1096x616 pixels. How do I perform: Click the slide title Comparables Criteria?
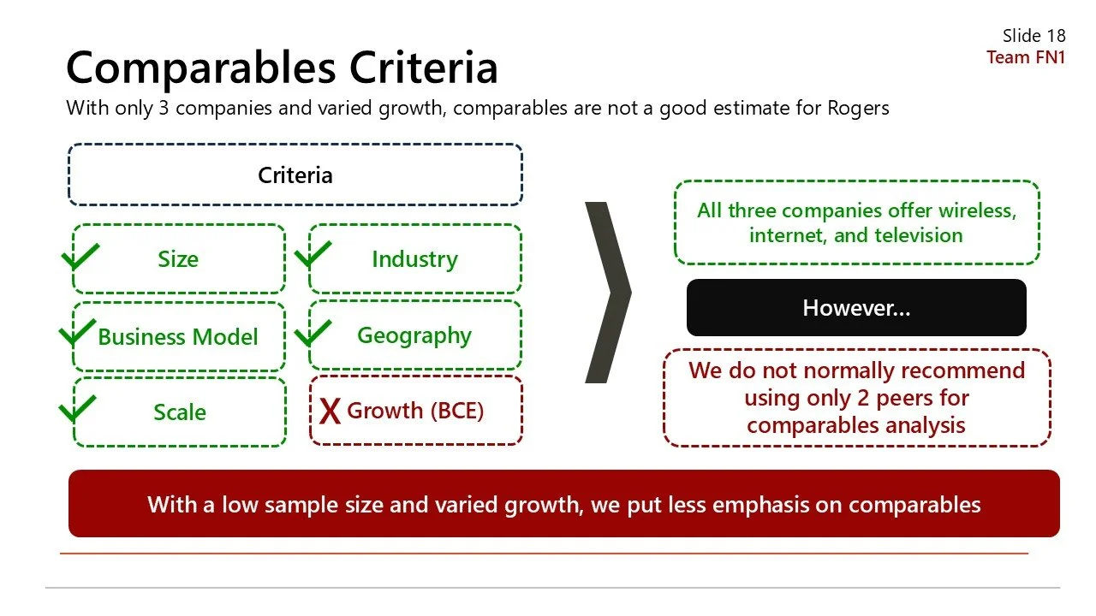(282, 68)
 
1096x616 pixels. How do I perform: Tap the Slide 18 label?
(1033, 36)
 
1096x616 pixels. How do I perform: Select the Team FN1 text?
(1025, 57)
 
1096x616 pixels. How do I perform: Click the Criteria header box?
(295, 175)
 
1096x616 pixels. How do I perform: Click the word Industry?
(414, 259)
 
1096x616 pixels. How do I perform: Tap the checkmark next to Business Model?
(77, 332)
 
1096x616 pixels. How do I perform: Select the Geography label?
(414, 335)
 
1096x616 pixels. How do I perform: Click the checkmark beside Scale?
(77, 408)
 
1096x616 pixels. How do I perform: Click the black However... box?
(856, 308)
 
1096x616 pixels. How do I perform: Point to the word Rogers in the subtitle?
(857, 109)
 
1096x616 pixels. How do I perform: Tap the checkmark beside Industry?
(313, 256)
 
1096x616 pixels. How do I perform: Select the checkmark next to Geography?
(313, 332)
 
